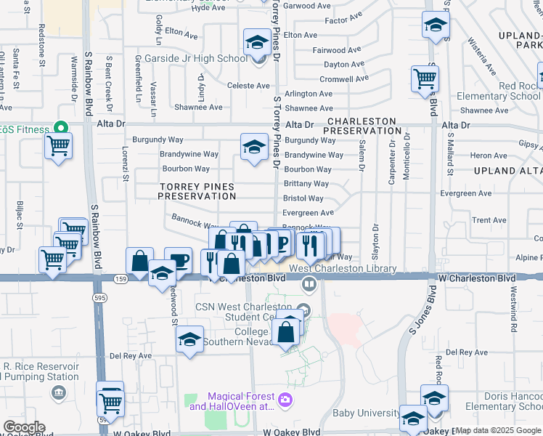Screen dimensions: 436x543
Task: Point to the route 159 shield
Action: point(120,278)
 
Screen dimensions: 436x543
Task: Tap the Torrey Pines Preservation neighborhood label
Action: point(197,191)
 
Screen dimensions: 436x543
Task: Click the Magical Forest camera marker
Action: point(285,399)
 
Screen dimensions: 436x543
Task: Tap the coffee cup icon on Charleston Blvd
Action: point(178,260)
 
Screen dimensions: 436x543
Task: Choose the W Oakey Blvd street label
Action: point(292,432)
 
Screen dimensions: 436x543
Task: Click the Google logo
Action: point(23,427)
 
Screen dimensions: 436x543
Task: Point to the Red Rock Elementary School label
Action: point(498,91)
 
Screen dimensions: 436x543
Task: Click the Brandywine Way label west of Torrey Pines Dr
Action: point(190,154)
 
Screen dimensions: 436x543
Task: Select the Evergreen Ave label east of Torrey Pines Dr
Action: point(308,213)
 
